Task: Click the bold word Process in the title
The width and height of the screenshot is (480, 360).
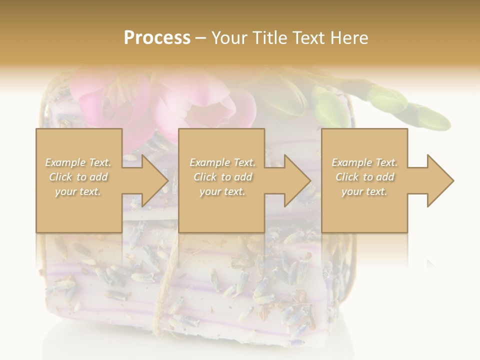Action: [157, 38]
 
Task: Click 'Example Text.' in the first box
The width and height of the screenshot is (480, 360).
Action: [78, 162]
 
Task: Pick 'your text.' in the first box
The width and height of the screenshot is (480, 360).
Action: [78, 191]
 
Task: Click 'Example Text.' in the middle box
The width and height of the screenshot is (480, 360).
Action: [222, 162]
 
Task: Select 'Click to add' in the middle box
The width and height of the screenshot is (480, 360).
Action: [222, 177]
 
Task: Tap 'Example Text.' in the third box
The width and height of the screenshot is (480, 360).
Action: [364, 162]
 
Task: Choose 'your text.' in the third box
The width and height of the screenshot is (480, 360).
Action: [364, 191]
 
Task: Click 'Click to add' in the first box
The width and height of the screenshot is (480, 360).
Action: [78, 177]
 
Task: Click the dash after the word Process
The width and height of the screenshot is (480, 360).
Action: [200, 38]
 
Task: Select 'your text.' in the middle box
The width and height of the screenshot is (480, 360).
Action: [222, 191]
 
